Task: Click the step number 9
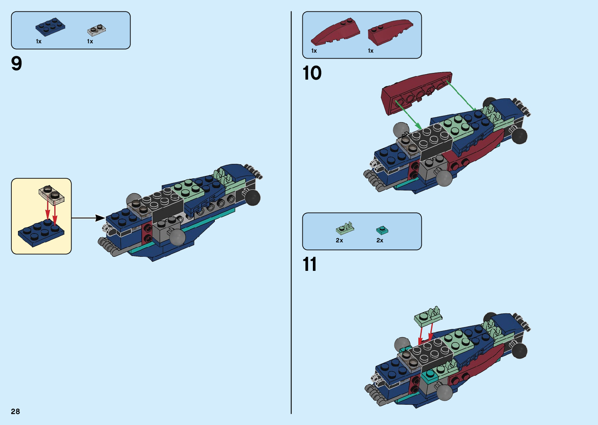click(17, 64)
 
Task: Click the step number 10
click(312, 73)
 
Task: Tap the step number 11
click(310, 264)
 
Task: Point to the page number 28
click(15, 411)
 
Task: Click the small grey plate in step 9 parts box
click(96, 30)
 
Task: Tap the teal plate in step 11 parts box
click(382, 230)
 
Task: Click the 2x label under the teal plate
click(380, 240)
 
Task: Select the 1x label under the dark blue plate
click(39, 41)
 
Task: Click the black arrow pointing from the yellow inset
click(88, 218)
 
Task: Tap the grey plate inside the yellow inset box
click(51, 194)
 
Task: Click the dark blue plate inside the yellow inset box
click(41, 232)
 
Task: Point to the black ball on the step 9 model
click(252, 197)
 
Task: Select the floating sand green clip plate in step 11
click(428, 316)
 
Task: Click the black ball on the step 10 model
click(519, 136)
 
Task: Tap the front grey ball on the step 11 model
click(444, 392)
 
